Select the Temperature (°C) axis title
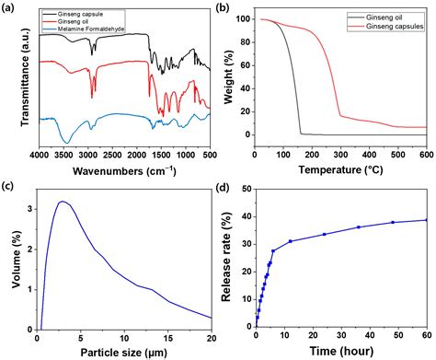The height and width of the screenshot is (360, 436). tap(340, 169)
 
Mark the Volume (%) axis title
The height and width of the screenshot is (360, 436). tap(10, 257)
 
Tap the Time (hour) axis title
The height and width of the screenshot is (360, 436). tap(340, 348)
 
